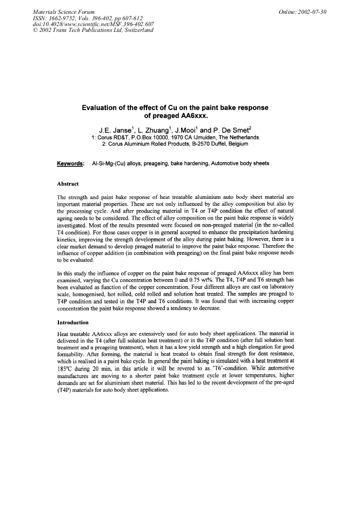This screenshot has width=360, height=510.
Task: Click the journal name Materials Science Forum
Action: [64, 11]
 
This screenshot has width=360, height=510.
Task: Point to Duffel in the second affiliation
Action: [217, 144]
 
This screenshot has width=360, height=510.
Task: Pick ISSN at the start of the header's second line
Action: [41, 18]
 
